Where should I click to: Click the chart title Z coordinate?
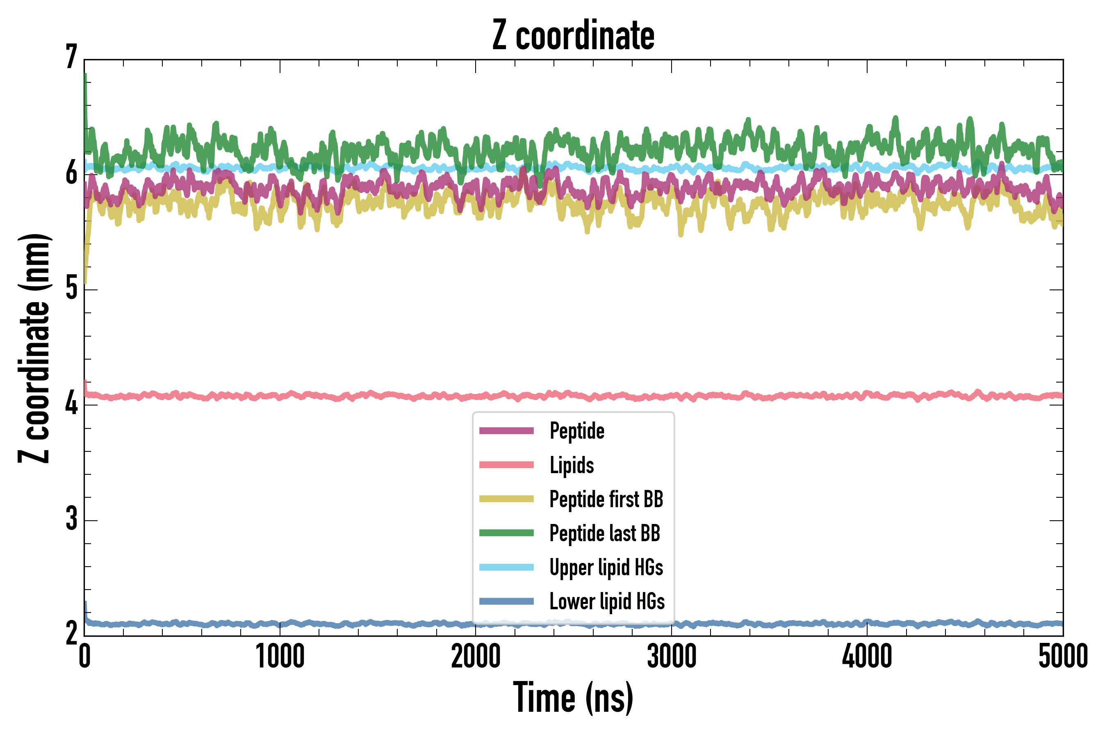(573, 36)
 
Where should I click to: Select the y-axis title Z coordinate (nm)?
(34, 348)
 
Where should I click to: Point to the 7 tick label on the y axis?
(71, 57)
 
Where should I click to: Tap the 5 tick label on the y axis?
(71, 288)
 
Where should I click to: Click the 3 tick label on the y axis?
(71, 519)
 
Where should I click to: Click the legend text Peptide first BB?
(606, 499)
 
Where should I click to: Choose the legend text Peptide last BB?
(605, 533)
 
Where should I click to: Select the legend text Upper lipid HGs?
(606, 567)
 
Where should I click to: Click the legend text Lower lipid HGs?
(607, 601)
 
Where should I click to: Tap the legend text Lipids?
(572, 465)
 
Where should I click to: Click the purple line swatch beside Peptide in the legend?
(506, 430)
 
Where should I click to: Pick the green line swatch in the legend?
(506, 533)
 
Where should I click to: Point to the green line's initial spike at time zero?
(85, 80)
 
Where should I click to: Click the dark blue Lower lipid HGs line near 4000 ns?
(867, 623)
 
